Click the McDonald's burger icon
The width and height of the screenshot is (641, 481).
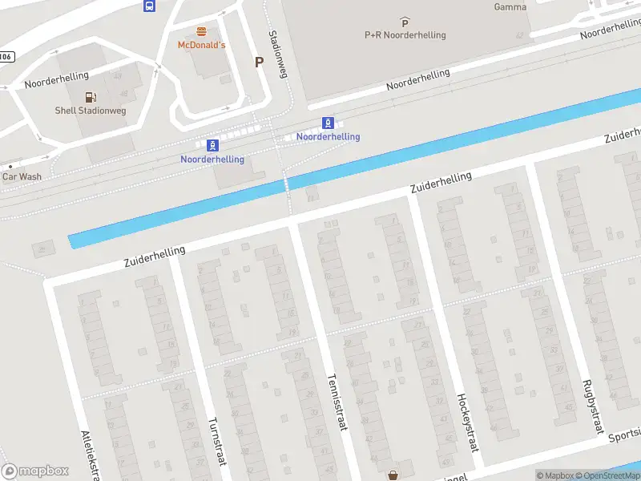(x=201, y=32)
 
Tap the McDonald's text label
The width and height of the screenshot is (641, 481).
(x=201, y=45)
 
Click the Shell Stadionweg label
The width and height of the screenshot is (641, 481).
(x=88, y=110)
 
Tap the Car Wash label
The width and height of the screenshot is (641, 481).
(x=22, y=176)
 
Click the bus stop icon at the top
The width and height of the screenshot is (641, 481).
(x=149, y=6)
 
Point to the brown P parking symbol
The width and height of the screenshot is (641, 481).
(x=258, y=62)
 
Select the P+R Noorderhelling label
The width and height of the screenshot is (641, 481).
(x=405, y=34)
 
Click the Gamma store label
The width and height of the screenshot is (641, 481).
(x=510, y=7)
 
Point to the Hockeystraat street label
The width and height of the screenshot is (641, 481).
(x=467, y=422)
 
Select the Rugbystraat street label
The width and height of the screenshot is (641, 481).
(x=592, y=407)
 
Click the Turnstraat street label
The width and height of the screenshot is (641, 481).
(x=217, y=444)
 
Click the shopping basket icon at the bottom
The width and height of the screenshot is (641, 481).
(x=393, y=475)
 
